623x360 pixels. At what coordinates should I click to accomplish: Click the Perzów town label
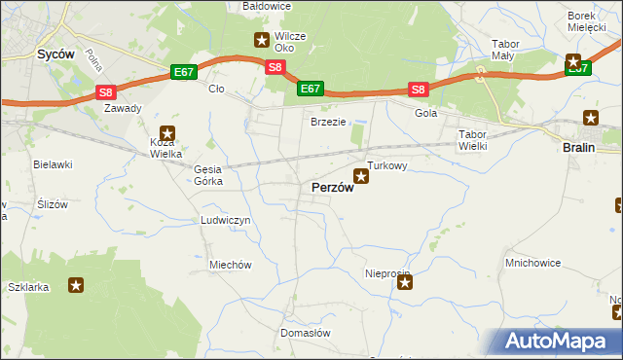(332, 188)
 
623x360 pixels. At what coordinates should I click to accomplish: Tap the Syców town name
(56, 55)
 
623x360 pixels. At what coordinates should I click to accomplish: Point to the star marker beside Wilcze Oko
(262, 40)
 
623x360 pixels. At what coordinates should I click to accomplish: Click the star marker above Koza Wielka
(167, 132)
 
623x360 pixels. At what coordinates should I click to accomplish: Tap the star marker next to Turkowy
(361, 176)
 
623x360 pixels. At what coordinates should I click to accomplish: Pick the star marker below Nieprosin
(405, 283)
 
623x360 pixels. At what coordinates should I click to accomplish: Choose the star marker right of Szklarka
(76, 285)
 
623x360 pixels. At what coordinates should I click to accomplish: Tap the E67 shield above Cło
(184, 72)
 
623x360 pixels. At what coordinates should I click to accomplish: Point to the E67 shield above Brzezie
(310, 89)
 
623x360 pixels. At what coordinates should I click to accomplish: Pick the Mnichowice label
(531, 263)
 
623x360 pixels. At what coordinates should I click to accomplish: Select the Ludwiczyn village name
(226, 221)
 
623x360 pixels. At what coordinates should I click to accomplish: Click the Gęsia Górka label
(208, 175)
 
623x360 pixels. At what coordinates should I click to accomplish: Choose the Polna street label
(93, 61)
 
